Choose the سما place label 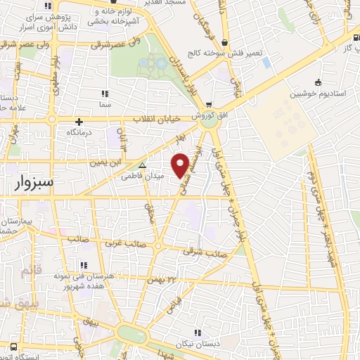(x=105, y=103)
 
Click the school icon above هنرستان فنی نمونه (x=84, y=265)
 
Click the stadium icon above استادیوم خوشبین (x=319, y=82)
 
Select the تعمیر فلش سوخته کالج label (x=218, y=53)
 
